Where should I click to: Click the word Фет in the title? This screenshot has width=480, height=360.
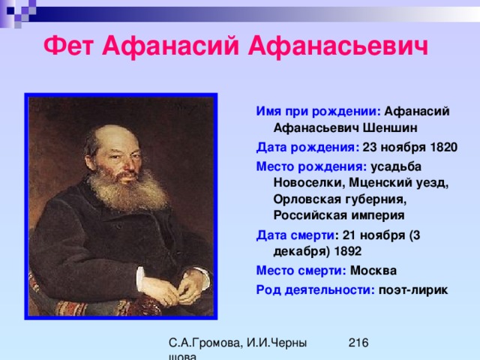68,46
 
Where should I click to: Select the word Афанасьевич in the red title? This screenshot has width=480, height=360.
338,46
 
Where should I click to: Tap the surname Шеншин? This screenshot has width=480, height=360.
390,127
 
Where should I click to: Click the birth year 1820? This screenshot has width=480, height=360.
443,147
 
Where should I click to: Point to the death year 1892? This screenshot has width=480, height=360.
348,251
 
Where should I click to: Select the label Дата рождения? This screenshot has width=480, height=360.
307,148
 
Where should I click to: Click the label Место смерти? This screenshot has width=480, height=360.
301,271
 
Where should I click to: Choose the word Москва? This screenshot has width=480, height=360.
373,271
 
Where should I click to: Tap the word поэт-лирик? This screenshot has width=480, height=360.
413,290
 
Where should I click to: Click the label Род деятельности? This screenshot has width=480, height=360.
315,290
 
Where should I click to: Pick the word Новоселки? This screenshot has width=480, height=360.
310,183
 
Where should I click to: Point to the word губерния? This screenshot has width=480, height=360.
376,199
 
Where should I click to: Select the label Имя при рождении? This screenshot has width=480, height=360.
318,112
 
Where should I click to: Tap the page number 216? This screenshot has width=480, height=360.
358,343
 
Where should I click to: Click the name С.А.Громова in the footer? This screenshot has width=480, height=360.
205,343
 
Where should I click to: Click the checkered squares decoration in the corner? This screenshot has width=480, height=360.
18,12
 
